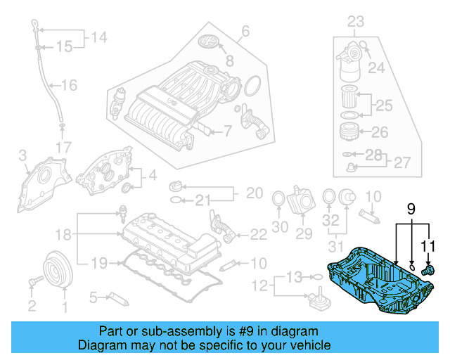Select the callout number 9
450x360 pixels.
click(411, 208)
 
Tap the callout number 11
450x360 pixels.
click(428, 245)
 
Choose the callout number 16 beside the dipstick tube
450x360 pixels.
click(69, 86)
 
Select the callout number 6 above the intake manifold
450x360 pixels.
click(245, 31)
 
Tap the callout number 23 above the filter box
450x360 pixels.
click(356, 20)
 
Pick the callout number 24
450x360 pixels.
click(377, 68)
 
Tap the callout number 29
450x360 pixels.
click(304, 233)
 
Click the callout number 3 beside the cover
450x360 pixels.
click(22, 155)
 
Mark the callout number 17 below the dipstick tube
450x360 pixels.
click(63, 148)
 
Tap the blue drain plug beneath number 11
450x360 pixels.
click(426, 270)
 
